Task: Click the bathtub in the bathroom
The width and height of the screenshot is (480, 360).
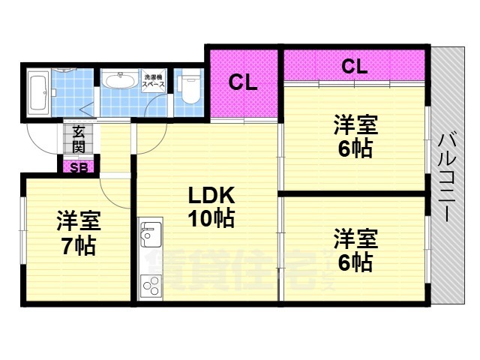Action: (38, 94)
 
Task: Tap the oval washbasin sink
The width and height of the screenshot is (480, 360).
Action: (118, 80)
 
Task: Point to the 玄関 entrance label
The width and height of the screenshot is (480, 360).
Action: (79, 139)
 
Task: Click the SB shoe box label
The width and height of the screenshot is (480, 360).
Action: (78, 166)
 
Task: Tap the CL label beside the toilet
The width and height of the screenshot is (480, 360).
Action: (243, 82)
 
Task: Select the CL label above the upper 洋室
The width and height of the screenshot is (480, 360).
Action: (354, 66)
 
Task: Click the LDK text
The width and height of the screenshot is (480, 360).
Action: (211, 196)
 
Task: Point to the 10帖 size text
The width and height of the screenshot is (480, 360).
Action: (211, 219)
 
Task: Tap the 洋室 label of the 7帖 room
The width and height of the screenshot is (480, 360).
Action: (78, 221)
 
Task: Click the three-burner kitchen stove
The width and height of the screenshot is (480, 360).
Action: (150, 286)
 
